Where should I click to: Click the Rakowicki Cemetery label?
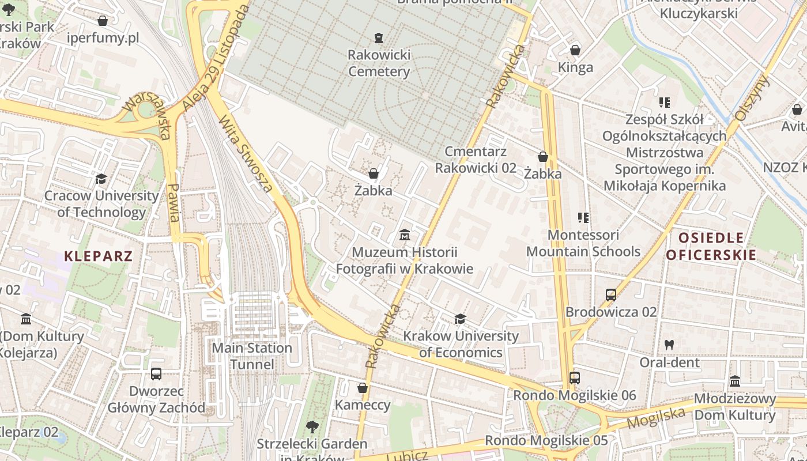(379, 63)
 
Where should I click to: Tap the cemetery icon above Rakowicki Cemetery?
(379, 38)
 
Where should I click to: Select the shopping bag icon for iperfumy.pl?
(103, 21)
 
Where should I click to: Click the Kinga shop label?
(575, 67)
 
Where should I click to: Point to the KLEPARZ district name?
(99, 256)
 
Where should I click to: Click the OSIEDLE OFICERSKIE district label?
(711, 246)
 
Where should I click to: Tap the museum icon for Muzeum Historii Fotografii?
(405, 235)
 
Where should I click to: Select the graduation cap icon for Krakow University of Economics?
(460, 319)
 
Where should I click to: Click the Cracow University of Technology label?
(101, 203)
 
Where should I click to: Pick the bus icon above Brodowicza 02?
(611, 295)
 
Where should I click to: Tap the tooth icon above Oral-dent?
(669, 345)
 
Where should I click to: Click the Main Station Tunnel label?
(252, 356)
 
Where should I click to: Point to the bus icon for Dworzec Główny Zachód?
(156, 374)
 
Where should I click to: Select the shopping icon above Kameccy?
(363, 388)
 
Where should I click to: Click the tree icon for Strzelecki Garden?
(312, 427)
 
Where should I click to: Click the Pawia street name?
(174, 203)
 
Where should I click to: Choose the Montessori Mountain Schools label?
(583, 243)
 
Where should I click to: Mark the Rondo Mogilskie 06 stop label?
(574, 395)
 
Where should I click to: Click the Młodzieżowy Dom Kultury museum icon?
(735, 381)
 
